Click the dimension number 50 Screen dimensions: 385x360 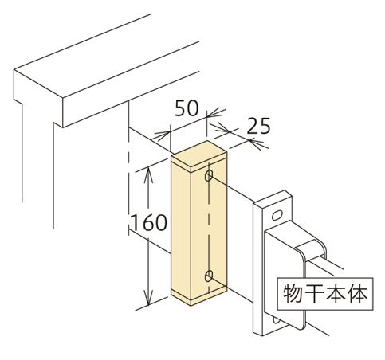tap(187, 108)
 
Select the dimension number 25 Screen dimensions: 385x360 tap(258, 126)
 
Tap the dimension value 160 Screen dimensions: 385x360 tap(149, 222)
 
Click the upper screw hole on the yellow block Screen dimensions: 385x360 tap(209, 176)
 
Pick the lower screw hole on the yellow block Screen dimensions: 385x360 tap(209, 276)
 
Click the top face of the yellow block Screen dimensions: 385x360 tap(199, 154)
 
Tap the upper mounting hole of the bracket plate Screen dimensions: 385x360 tap(277, 215)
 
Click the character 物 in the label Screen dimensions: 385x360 tap(292, 294)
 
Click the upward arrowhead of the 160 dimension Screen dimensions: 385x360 tap(148, 174)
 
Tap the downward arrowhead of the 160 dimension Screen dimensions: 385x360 tap(148, 296)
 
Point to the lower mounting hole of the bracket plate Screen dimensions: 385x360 tap(276, 320)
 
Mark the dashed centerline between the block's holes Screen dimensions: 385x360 tap(209, 225)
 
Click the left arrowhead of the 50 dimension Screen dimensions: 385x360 tap(162, 135)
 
